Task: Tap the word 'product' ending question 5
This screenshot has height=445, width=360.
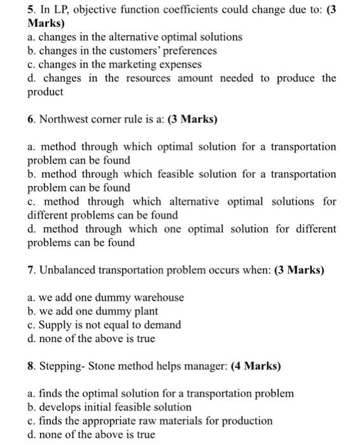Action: [x=46, y=92]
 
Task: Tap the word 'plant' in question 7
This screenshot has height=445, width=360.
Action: [x=145, y=311]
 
